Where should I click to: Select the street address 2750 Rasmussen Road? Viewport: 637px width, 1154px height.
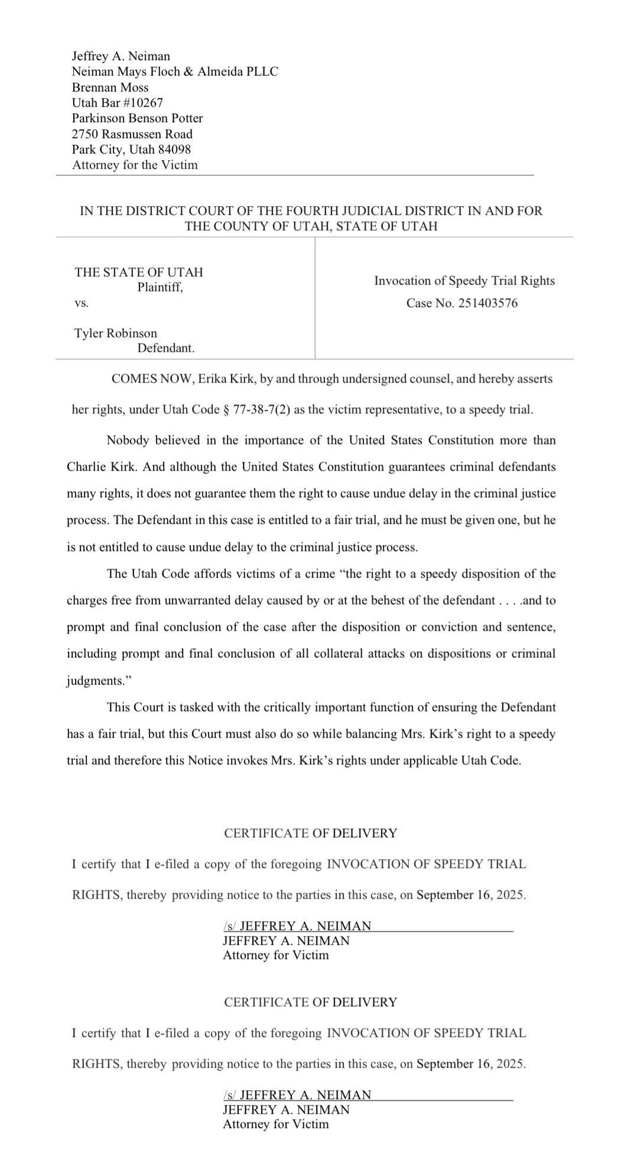tap(132, 134)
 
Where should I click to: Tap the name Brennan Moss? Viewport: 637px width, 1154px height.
tap(110, 87)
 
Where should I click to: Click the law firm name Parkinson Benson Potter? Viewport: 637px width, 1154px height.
tap(137, 118)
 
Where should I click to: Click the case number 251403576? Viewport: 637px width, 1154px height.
tap(487, 304)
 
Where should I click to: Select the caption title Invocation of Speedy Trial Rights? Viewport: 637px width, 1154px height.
tap(464, 281)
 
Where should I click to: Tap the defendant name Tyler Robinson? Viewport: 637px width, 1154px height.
tap(116, 333)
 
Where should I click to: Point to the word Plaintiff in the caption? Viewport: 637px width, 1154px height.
tap(160, 288)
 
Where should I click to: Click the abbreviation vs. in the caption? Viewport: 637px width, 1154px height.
tap(82, 303)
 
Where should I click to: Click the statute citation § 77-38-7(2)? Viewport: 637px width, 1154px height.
tap(256, 410)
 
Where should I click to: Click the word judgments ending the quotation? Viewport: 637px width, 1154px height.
tap(95, 681)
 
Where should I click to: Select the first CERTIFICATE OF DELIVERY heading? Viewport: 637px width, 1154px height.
tap(310, 833)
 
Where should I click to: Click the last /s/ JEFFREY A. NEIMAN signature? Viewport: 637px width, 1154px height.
tap(297, 1095)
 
